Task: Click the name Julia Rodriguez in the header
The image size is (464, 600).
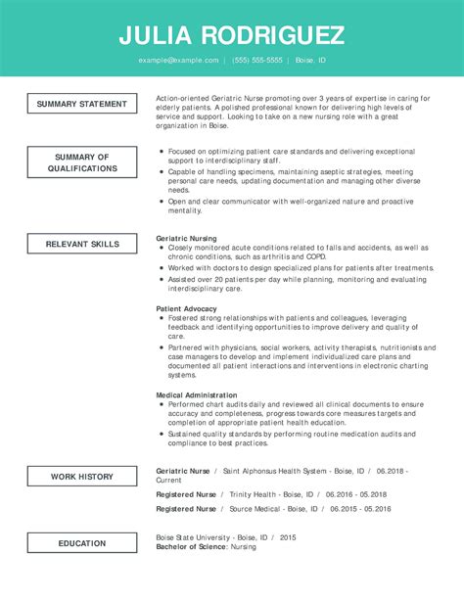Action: (232, 36)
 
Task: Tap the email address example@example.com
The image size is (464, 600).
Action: (178, 61)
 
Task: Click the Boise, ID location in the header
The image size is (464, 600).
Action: (310, 61)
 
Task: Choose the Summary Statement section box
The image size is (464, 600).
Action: (82, 104)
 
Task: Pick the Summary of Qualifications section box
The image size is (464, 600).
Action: (82, 162)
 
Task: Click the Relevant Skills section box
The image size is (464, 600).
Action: (82, 243)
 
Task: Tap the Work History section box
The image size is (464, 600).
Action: (82, 477)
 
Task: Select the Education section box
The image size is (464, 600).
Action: (82, 543)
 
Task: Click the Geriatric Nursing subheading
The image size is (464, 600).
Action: (187, 238)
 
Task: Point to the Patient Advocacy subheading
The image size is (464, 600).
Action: (187, 308)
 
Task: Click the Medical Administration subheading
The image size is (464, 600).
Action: (197, 395)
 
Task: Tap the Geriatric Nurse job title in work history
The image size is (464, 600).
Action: (183, 471)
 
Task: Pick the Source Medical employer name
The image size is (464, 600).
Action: (256, 509)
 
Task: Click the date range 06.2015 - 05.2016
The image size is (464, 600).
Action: (360, 509)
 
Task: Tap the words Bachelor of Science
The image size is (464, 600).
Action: (191, 546)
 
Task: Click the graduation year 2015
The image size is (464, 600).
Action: (288, 537)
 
